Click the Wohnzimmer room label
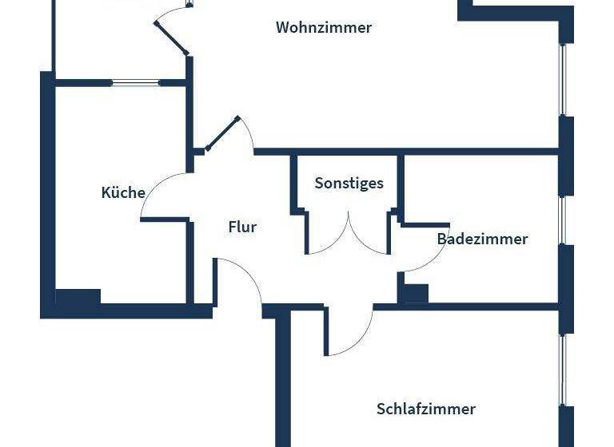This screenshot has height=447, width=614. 324,27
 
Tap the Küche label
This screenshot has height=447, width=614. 123,192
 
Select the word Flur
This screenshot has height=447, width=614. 242,227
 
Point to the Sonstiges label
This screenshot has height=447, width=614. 349,183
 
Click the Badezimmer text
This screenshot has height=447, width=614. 482,239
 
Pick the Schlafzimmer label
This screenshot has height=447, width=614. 425,409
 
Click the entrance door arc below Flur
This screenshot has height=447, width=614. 245,279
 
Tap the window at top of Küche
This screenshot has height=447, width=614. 135,82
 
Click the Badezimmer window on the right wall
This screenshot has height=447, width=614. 563,219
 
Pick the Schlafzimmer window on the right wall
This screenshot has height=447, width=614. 563,369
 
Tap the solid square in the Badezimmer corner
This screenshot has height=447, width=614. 414,293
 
